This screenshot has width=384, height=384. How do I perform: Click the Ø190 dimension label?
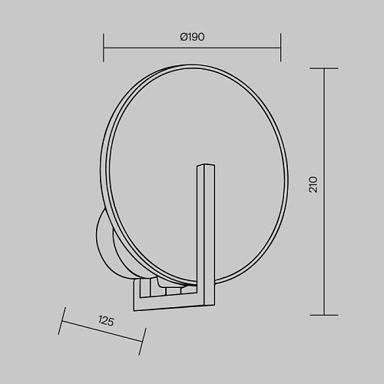[x=192, y=37]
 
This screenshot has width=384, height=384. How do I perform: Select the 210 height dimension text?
[x=313, y=184]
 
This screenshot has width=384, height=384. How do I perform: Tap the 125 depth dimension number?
[x=106, y=321]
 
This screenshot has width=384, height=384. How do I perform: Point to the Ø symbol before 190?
[x=184, y=37]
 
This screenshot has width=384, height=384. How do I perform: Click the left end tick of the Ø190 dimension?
[x=104, y=48]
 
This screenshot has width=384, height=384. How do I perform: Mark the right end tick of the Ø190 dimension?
[x=281, y=48]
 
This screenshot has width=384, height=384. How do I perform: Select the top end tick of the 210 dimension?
[x=324, y=68]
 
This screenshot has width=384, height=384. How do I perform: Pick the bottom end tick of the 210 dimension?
[x=324, y=315]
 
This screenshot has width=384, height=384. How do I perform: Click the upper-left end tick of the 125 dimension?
[x=62, y=321]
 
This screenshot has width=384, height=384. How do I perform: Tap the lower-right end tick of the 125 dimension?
[x=142, y=342]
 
